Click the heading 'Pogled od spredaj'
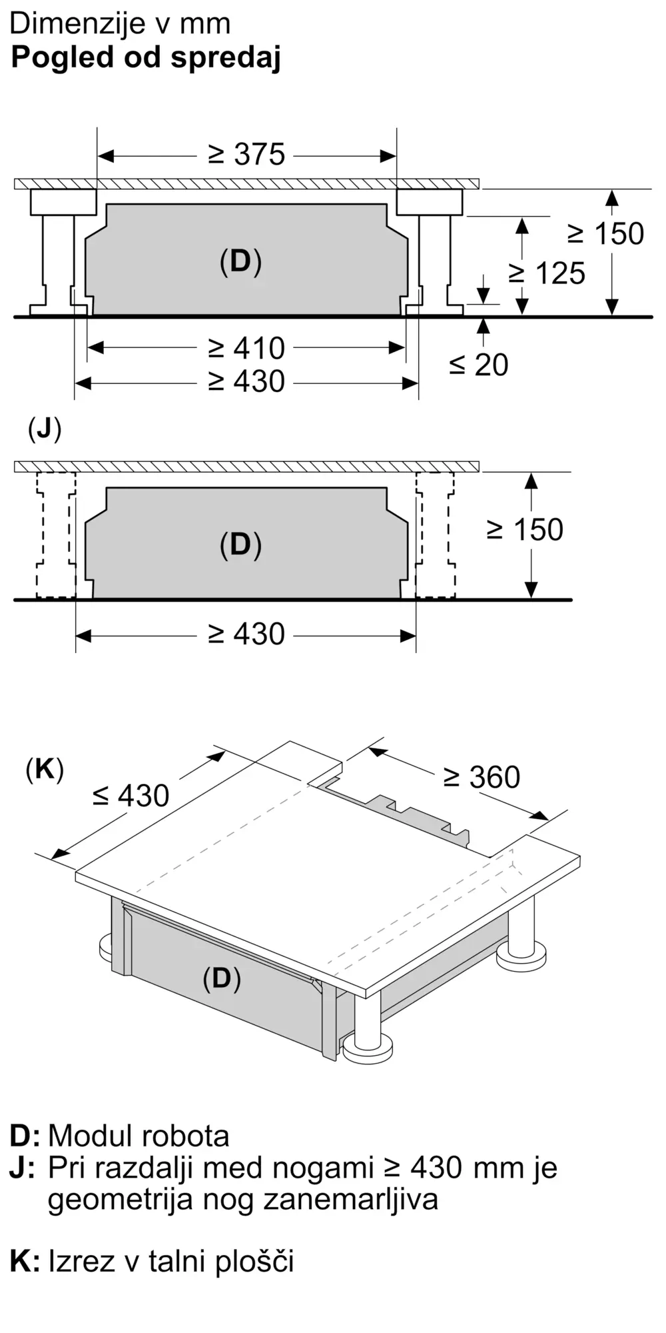pyautogui.click(x=146, y=58)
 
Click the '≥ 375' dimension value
pyautogui.click(x=246, y=155)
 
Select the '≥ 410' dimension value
pyautogui.click(x=246, y=348)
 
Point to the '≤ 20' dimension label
pyautogui.click(x=479, y=365)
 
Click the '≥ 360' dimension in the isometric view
pyautogui.click(x=482, y=777)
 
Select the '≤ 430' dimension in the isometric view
pyautogui.click(x=131, y=795)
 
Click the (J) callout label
pyautogui.click(x=45, y=429)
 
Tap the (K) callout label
pyautogui.click(x=45, y=770)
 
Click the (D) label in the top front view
pyautogui.click(x=240, y=261)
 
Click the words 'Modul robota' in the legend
pyautogui.click(x=139, y=1136)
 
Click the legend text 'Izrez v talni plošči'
pyautogui.click(x=171, y=1260)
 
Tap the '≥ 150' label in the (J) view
pyautogui.click(x=525, y=529)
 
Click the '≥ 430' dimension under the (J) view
pyautogui.click(x=246, y=634)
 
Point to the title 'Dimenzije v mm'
pyautogui.click(x=120, y=24)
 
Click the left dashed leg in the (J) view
pyautogui.click(x=56, y=535)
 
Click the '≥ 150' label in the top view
pyautogui.click(x=606, y=233)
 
